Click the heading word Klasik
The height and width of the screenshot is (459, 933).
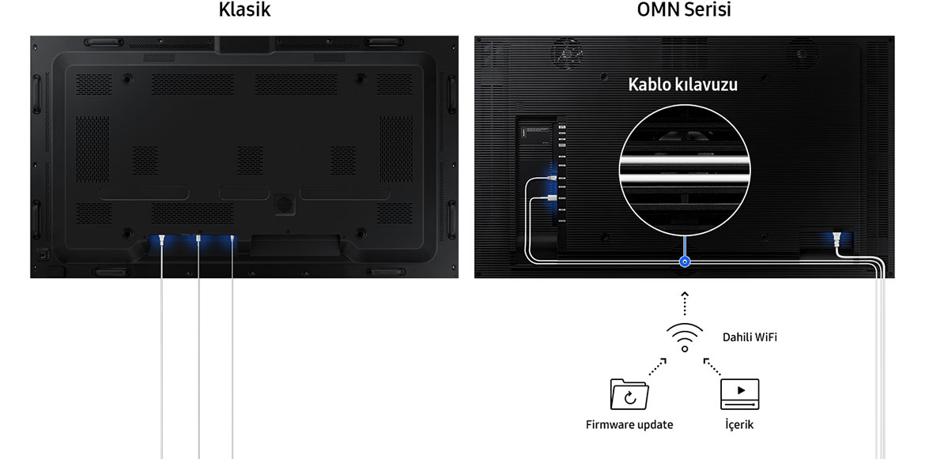pyautogui.click(x=244, y=10)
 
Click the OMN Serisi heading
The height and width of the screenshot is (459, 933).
pyautogui.click(x=684, y=10)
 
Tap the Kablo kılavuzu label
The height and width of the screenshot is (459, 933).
pyautogui.click(x=683, y=85)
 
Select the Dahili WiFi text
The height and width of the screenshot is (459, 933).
pyautogui.click(x=750, y=337)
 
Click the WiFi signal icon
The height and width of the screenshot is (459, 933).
pyautogui.click(x=684, y=337)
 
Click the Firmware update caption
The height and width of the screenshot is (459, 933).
pyautogui.click(x=629, y=424)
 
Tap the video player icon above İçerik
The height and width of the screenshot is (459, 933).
pyautogui.click(x=739, y=394)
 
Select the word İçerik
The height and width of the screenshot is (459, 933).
pyautogui.click(x=739, y=424)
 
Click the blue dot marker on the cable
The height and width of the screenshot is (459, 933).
pyautogui.click(x=685, y=261)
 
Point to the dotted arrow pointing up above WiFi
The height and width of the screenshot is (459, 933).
pyautogui.click(x=685, y=303)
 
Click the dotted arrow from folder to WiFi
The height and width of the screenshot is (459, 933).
pyautogui.click(x=658, y=367)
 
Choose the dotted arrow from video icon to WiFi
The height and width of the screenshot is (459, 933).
pyautogui.click(x=713, y=367)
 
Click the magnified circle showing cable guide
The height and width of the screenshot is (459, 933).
pyautogui.click(x=684, y=171)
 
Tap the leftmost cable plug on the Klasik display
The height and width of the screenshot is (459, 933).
pyautogui.click(x=162, y=242)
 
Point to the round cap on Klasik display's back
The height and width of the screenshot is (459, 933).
pyautogui.click(x=284, y=204)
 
